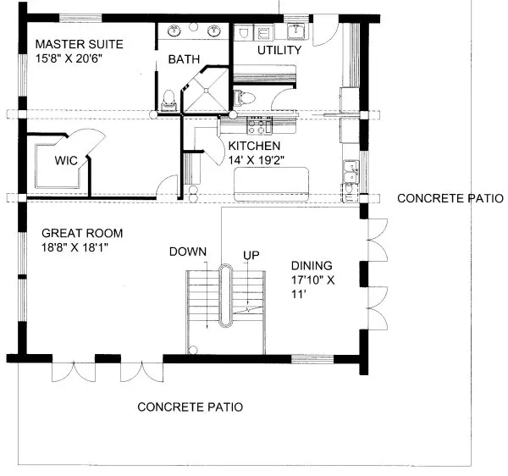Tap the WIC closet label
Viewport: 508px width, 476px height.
pyautogui.click(x=67, y=159)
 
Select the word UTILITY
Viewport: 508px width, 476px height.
pyautogui.click(x=280, y=51)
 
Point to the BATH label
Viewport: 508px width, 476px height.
pyautogui.click(x=183, y=60)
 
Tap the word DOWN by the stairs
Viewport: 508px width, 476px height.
pyautogui.click(x=188, y=252)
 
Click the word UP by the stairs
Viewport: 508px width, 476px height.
pyautogui.click(x=251, y=254)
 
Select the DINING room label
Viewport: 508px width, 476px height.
pyautogui.click(x=312, y=263)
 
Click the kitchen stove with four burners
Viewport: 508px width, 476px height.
pyautogui.click(x=257, y=126)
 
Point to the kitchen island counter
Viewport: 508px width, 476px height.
pyautogui.click(x=272, y=180)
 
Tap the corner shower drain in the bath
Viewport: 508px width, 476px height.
pyautogui.click(x=207, y=93)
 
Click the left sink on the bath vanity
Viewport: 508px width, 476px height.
pyautogui.click(x=175, y=31)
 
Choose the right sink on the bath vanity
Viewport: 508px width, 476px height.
pyautogui.click(x=213, y=31)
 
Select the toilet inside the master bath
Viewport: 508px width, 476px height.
pyautogui.click(x=169, y=98)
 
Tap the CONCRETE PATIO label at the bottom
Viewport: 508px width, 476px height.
pyautogui.click(x=190, y=407)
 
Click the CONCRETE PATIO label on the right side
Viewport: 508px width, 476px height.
pyautogui.click(x=450, y=199)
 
